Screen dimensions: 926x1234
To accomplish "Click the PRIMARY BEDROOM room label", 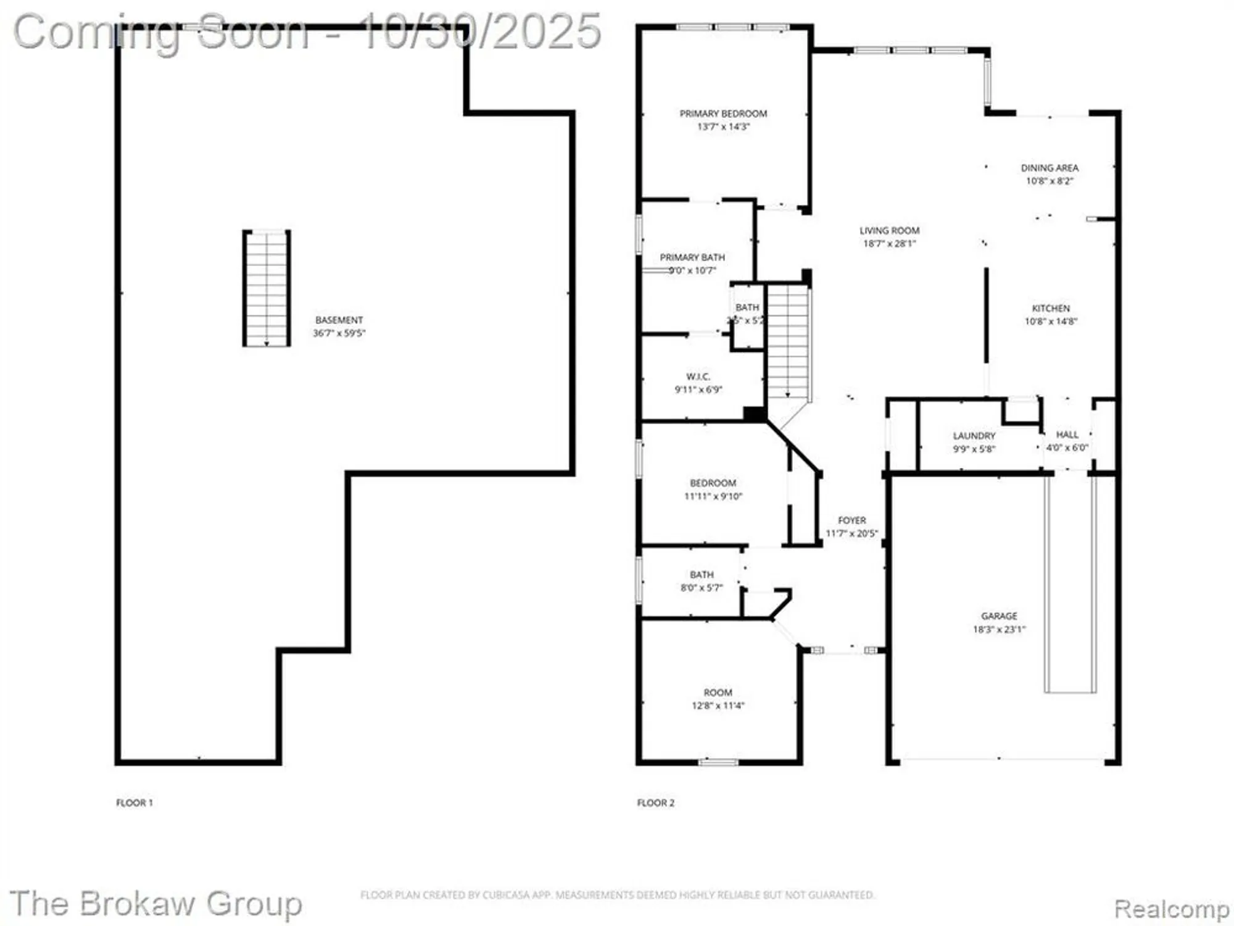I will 723,114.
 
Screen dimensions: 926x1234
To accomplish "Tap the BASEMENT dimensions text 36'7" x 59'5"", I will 339,333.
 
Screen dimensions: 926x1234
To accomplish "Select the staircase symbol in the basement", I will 267,288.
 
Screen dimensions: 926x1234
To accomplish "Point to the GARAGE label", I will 999,616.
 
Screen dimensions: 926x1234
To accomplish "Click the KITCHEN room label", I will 1051,308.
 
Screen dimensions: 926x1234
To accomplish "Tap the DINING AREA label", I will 1050,168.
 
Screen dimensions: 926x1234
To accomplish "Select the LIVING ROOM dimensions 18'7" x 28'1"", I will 889,244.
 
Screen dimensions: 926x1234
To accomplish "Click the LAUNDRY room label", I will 974,436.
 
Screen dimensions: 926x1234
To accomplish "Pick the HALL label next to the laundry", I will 1067,435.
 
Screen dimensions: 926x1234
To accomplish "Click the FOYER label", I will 851,520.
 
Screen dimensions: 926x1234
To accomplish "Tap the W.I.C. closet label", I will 698,377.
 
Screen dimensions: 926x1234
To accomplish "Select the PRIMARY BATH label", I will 692,257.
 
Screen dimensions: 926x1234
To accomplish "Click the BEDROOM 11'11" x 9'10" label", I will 713,483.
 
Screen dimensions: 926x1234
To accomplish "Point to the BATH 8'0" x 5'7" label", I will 702,575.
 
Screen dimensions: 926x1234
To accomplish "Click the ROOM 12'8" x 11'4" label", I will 718,693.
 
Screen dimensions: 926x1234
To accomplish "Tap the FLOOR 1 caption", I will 135,803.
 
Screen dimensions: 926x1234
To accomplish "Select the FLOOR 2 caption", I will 656,803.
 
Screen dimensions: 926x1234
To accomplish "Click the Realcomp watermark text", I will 1171,909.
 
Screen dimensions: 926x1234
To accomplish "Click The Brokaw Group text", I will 155,904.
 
